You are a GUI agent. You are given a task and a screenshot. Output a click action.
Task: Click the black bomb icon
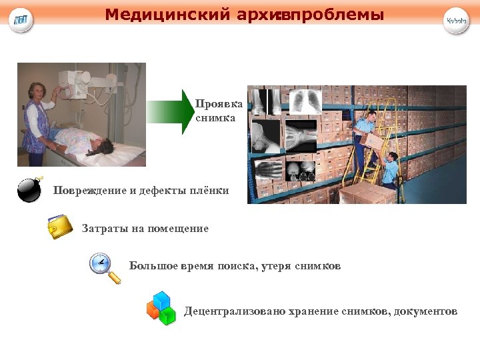coord(30,190)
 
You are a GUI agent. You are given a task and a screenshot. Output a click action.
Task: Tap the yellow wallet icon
coord(60,227)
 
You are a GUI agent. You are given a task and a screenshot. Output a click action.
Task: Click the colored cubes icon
coord(161,308)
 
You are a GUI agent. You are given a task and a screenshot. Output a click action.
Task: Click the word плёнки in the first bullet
coord(211,191)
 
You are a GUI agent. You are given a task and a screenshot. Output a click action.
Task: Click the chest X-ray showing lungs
coord(305,101)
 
